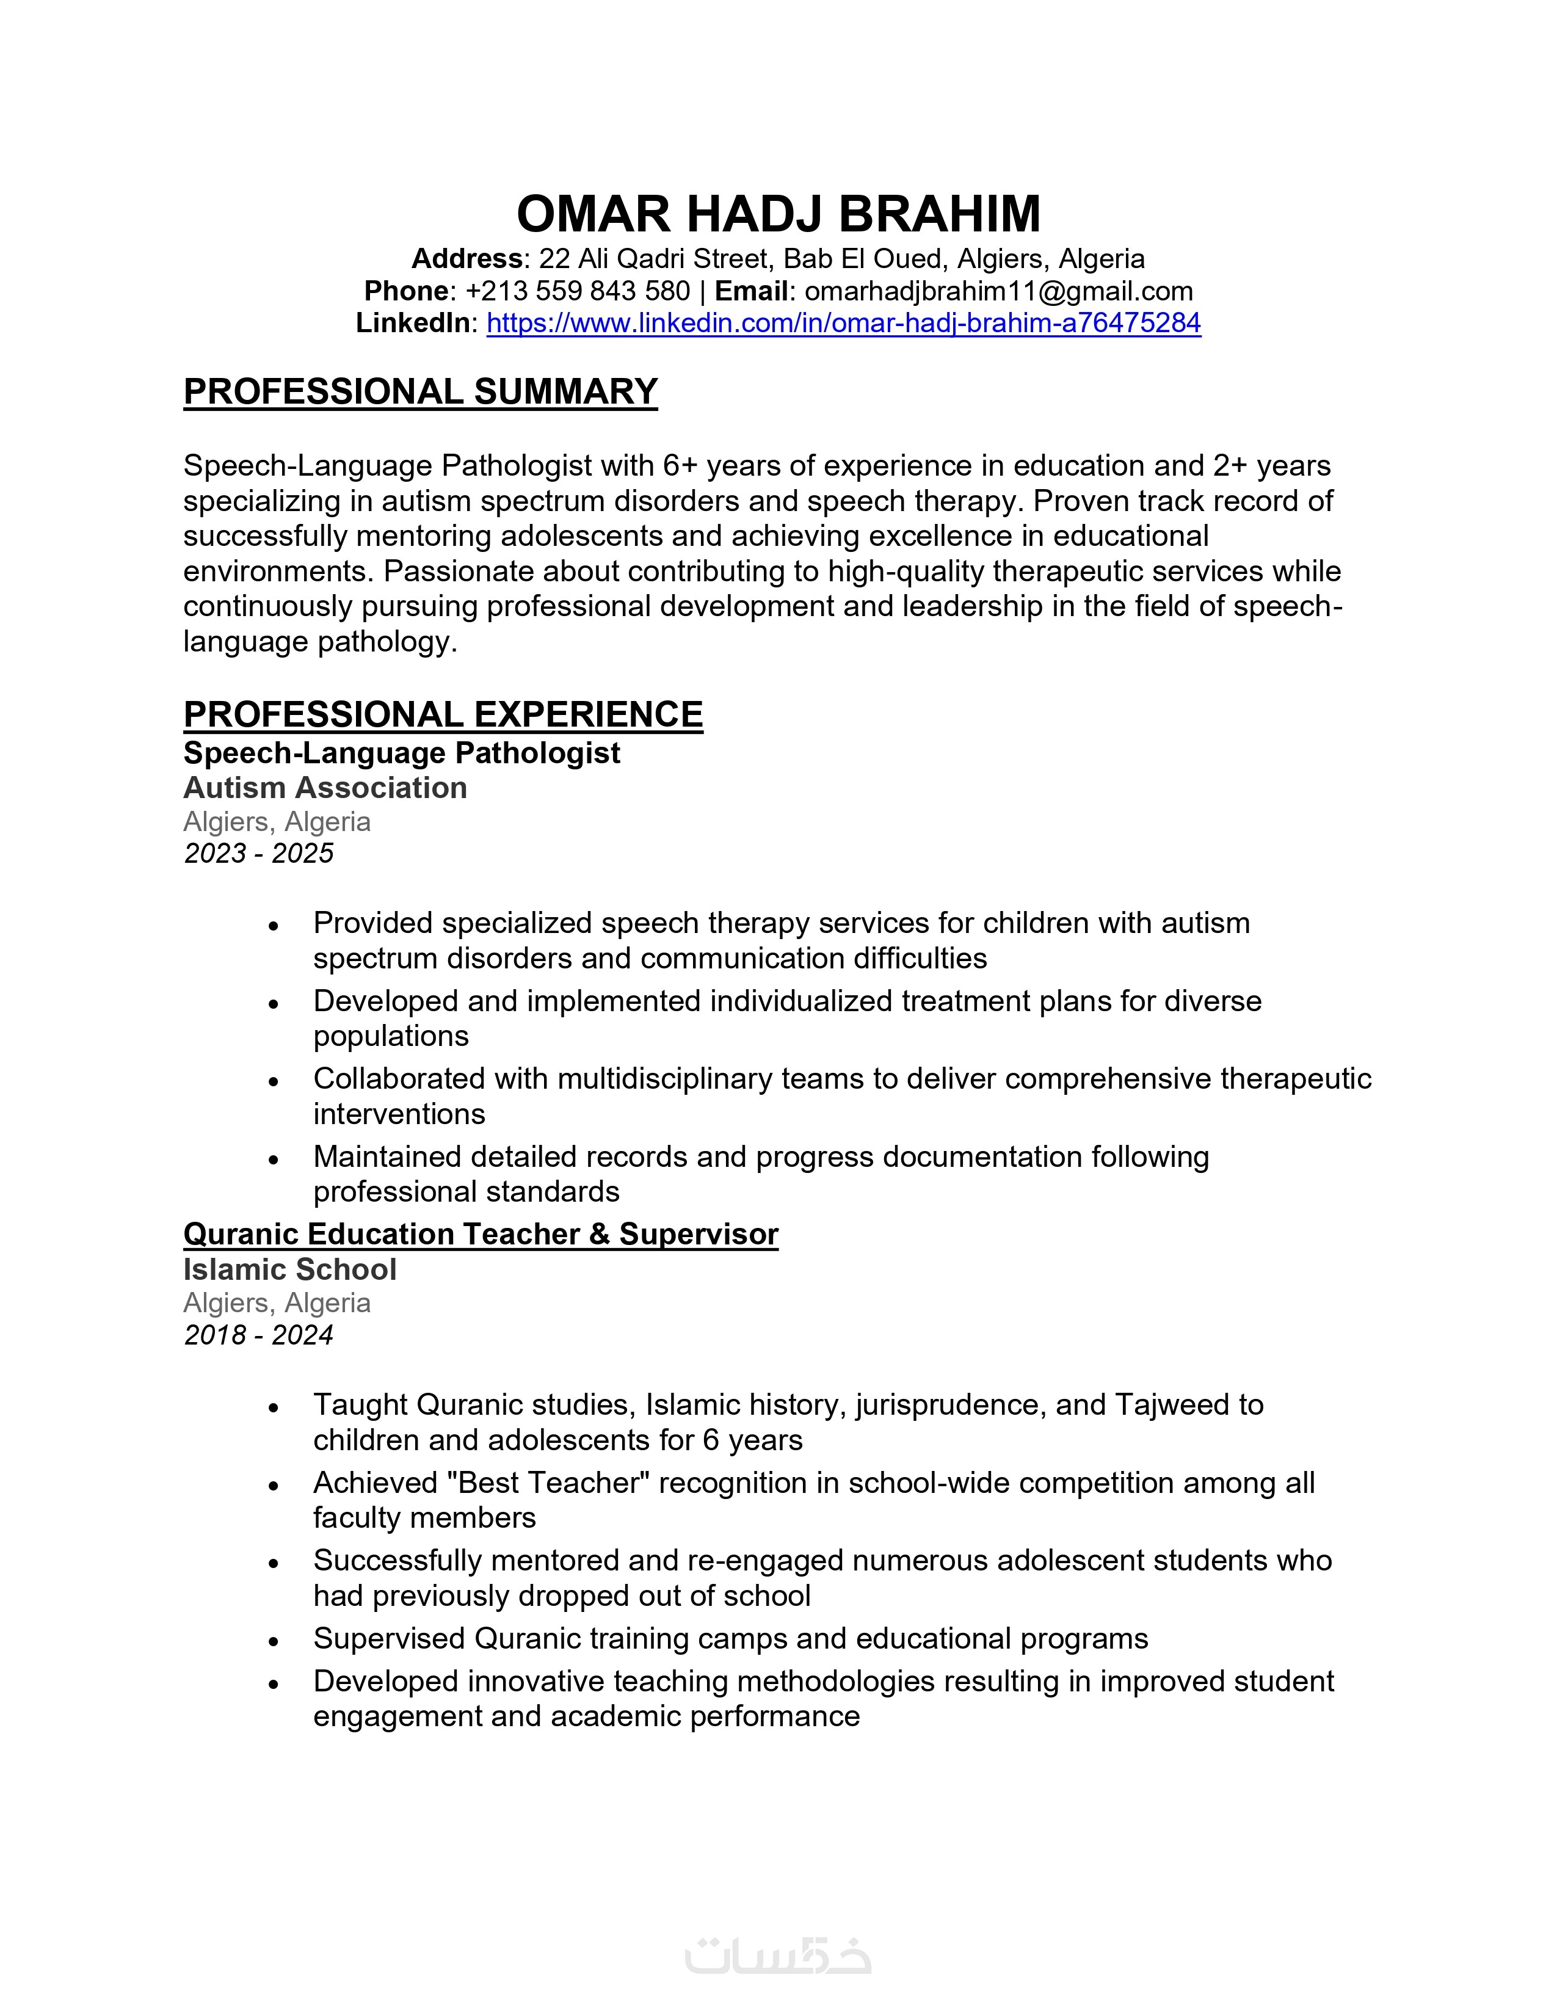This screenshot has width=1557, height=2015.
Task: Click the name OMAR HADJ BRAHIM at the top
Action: [778, 214]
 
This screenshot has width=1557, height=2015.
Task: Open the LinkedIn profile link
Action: [843, 323]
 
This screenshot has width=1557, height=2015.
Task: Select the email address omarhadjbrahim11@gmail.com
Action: [998, 291]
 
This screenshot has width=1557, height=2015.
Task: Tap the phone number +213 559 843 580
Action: [578, 291]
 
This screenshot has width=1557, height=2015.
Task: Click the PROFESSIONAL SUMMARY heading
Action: [421, 392]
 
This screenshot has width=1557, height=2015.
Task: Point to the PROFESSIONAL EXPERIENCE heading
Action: [443, 715]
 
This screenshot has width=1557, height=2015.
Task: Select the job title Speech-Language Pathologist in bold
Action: [401, 753]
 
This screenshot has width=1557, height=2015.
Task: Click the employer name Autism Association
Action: [325, 788]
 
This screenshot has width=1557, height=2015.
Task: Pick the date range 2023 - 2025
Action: [258, 854]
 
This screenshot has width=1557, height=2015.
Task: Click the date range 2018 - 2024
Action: [258, 1335]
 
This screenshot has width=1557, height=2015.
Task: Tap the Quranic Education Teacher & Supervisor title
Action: [481, 1235]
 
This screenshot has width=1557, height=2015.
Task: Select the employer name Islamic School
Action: [289, 1269]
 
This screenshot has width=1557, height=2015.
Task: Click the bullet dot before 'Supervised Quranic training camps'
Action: [273, 1641]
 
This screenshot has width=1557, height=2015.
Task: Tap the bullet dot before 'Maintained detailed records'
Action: [273, 1160]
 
